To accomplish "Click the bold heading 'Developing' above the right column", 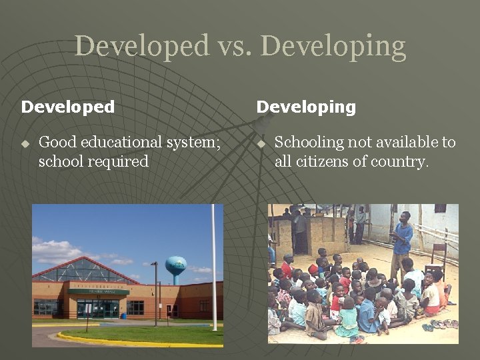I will pyautogui.click(x=306, y=107).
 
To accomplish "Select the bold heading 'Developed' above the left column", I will pyautogui.click(x=68, y=107).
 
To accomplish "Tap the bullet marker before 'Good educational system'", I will pyautogui.click(x=25, y=143).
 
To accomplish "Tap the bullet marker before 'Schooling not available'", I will pyautogui.click(x=261, y=143).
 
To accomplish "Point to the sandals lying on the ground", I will pyautogui.click(x=440, y=325).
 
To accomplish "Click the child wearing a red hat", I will pyautogui.click(x=313, y=269).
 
